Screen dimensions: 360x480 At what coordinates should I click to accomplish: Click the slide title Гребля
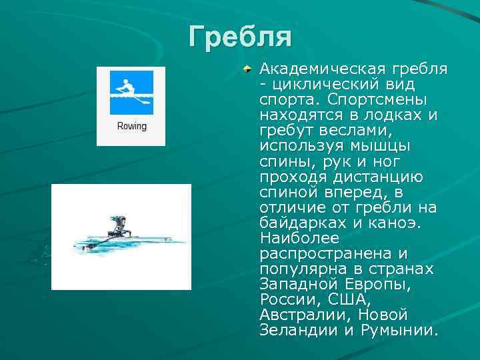click(x=239, y=37)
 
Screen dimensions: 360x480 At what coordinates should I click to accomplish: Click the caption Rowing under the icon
click(x=131, y=126)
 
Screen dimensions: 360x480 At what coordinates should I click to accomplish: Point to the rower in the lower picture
click(x=119, y=227)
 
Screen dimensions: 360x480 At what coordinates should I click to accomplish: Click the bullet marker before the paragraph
click(x=247, y=69)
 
